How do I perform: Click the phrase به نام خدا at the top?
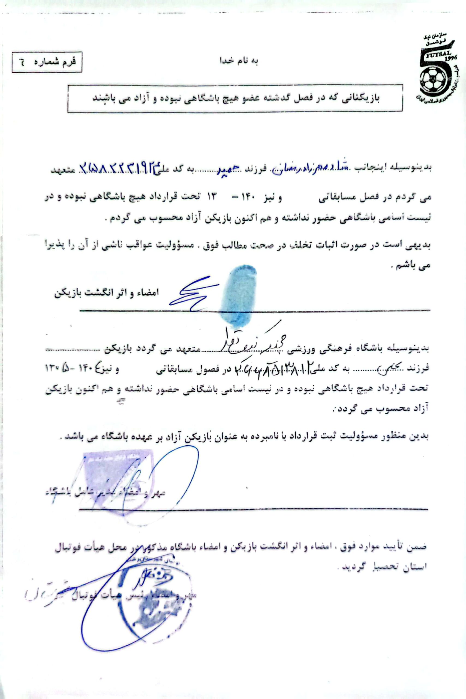point(238,61)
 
